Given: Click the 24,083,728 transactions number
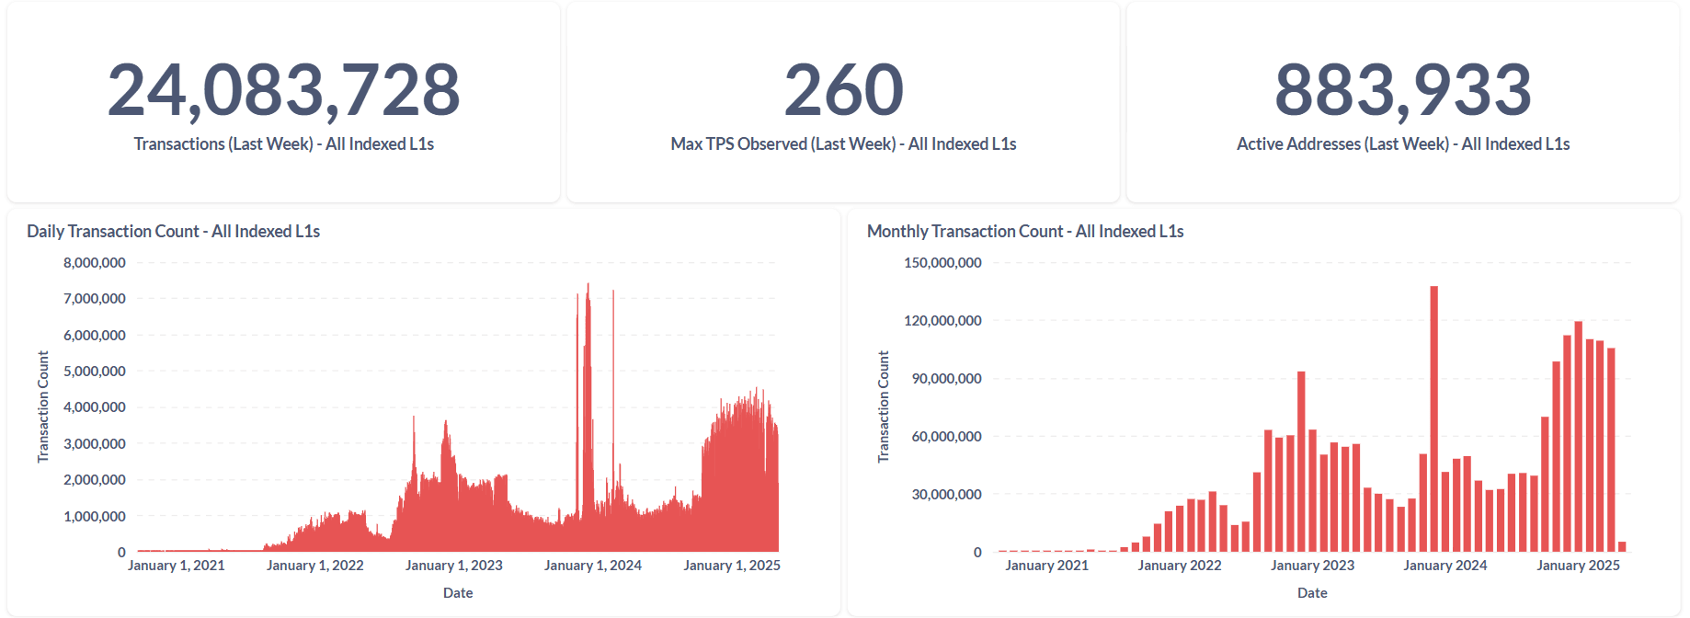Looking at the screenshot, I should (283, 90).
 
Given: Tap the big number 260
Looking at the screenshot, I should (843, 90).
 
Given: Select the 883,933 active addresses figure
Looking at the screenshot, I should (1402, 90).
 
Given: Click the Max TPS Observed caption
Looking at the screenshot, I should (843, 144).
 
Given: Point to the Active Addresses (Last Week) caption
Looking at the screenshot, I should (1402, 144).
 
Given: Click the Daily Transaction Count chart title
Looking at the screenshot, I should (173, 232).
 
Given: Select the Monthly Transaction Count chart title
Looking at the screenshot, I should (1024, 232).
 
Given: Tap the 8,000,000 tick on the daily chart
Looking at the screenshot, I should (95, 263).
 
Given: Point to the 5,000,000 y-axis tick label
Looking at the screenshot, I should (95, 372).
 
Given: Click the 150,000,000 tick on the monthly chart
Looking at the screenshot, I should (942, 263).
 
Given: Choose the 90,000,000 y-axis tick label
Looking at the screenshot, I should (946, 379).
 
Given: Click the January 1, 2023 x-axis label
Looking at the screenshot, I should (454, 566).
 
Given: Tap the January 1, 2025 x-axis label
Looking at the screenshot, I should (732, 566).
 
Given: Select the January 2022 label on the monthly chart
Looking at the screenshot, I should (1180, 566).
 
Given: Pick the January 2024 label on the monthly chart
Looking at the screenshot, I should (1444, 566).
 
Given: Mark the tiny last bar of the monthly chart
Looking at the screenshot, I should (1622, 547).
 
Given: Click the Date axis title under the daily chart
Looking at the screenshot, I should (458, 593).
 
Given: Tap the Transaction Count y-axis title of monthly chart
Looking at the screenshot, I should (884, 406).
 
